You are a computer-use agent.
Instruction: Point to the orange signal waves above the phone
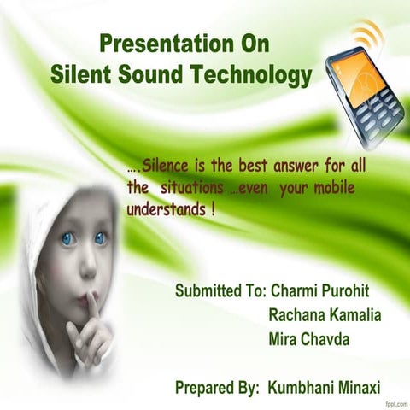(x=370, y=35)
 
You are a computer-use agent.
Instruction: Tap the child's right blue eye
(x=101, y=237)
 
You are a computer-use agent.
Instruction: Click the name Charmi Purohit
(x=319, y=290)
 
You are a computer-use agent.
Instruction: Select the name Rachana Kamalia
(x=325, y=315)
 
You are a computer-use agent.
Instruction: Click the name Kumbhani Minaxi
(x=324, y=387)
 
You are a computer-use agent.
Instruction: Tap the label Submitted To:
(x=220, y=290)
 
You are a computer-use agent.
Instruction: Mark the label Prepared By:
(x=217, y=387)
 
